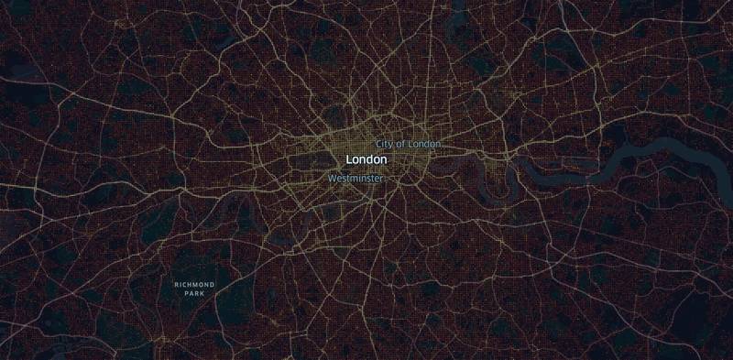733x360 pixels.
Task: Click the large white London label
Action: (x=366, y=160)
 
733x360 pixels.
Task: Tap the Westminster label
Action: (x=355, y=178)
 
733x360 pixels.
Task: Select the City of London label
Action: (x=408, y=144)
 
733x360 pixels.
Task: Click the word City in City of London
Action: (x=385, y=144)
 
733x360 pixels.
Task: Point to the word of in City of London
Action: (x=403, y=144)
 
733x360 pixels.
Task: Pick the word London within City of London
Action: (x=425, y=144)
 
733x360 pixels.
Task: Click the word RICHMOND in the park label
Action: (x=194, y=285)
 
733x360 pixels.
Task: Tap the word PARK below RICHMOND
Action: (x=194, y=294)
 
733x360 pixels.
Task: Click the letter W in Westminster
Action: (x=331, y=178)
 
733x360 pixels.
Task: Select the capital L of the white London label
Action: (x=349, y=160)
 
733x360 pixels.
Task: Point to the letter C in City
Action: (x=379, y=144)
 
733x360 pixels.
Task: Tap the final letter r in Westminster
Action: (x=380, y=178)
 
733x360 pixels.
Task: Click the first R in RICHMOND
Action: (x=176, y=285)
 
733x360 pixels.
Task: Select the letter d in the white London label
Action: (x=370, y=160)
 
